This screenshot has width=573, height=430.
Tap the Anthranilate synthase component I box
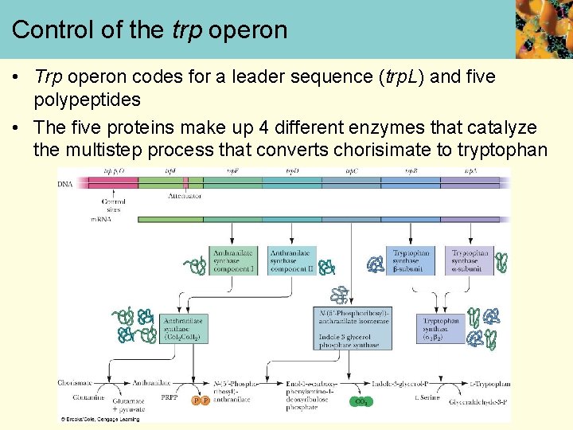pyautogui.click(x=234, y=261)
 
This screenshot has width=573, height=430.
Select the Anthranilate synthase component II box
pyautogui.click(x=291, y=261)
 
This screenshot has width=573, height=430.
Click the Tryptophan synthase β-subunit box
pyautogui.click(x=411, y=261)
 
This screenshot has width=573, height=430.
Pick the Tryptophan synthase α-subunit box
pyautogui.click(x=469, y=261)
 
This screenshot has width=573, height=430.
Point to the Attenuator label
pyautogui.click(x=185, y=195)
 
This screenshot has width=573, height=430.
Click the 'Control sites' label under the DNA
pyautogui.click(x=114, y=206)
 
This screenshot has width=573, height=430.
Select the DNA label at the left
pyautogui.click(x=65, y=183)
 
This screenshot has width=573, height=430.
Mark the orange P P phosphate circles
pyautogui.click(x=201, y=401)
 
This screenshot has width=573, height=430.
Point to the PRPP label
pyautogui.click(x=170, y=397)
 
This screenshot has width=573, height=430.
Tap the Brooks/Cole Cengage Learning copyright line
pyautogui.click(x=99, y=419)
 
